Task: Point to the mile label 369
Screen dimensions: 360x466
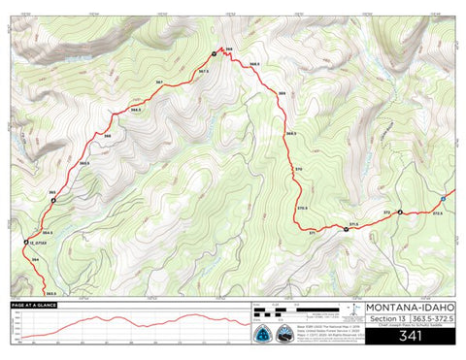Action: click(282, 93)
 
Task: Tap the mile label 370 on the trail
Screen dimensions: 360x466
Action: click(299, 168)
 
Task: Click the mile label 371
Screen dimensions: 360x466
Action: click(312, 234)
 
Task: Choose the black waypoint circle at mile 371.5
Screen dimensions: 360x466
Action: click(346, 229)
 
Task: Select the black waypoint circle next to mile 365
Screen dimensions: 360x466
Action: click(54, 201)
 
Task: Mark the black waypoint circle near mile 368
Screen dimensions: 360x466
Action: click(215, 53)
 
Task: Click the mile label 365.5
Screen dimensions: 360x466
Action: click(84, 162)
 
